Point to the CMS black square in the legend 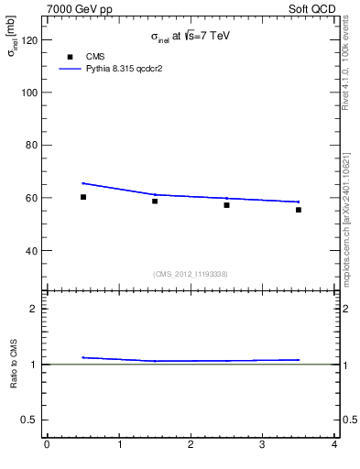[69, 57]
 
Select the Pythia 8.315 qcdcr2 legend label [125, 69]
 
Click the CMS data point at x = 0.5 [83, 197]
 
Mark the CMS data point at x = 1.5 [155, 201]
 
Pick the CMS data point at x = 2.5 [226, 205]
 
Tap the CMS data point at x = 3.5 [299, 210]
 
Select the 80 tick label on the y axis [30, 146]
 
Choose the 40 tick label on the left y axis [30, 250]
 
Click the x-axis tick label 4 [334, 445]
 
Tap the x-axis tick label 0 [47, 445]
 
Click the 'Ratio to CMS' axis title [14, 364]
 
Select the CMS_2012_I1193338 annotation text [191, 274]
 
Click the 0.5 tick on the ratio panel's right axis [348, 420]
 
